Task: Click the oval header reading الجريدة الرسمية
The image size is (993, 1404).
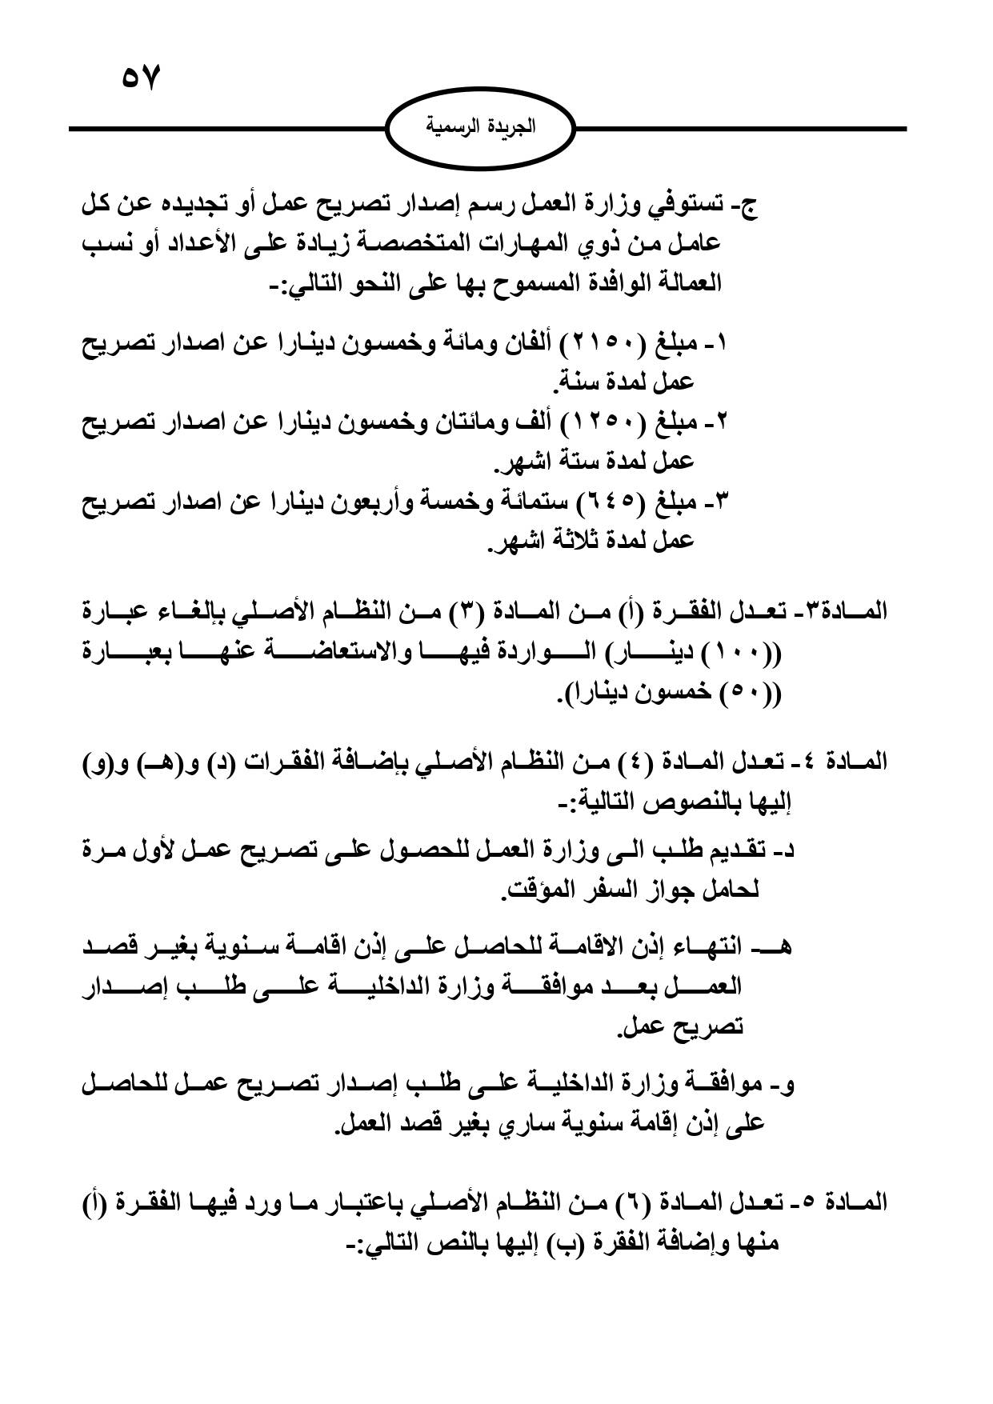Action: click(x=480, y=127)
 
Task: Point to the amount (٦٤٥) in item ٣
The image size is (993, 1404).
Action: click(x=615, y=502)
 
